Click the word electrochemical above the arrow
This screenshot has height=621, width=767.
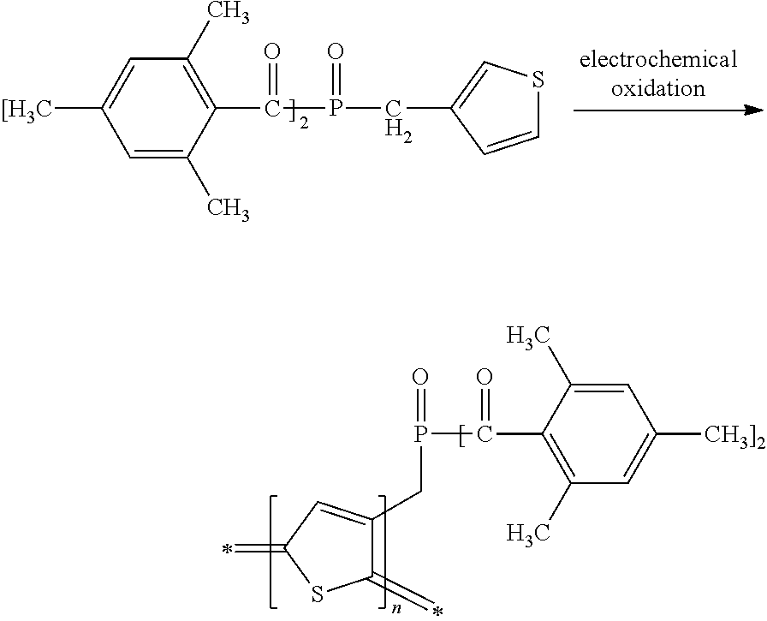(x=658, y=60)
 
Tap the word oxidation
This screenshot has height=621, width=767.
(x=658, y=88)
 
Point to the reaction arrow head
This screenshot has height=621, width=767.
(x=753, y=110)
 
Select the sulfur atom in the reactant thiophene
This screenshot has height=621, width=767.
(x=538, y=81)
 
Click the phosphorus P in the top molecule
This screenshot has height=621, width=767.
(x=336, y=109)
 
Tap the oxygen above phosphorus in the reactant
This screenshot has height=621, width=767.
(x=336, y=53)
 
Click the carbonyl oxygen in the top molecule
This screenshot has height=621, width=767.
(x=273, y=53)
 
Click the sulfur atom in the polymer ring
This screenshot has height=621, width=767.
(x=317, y=594)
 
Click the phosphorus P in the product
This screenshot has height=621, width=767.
(x=419, y=436)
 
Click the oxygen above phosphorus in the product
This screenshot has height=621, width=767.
(x=419, y=377)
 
